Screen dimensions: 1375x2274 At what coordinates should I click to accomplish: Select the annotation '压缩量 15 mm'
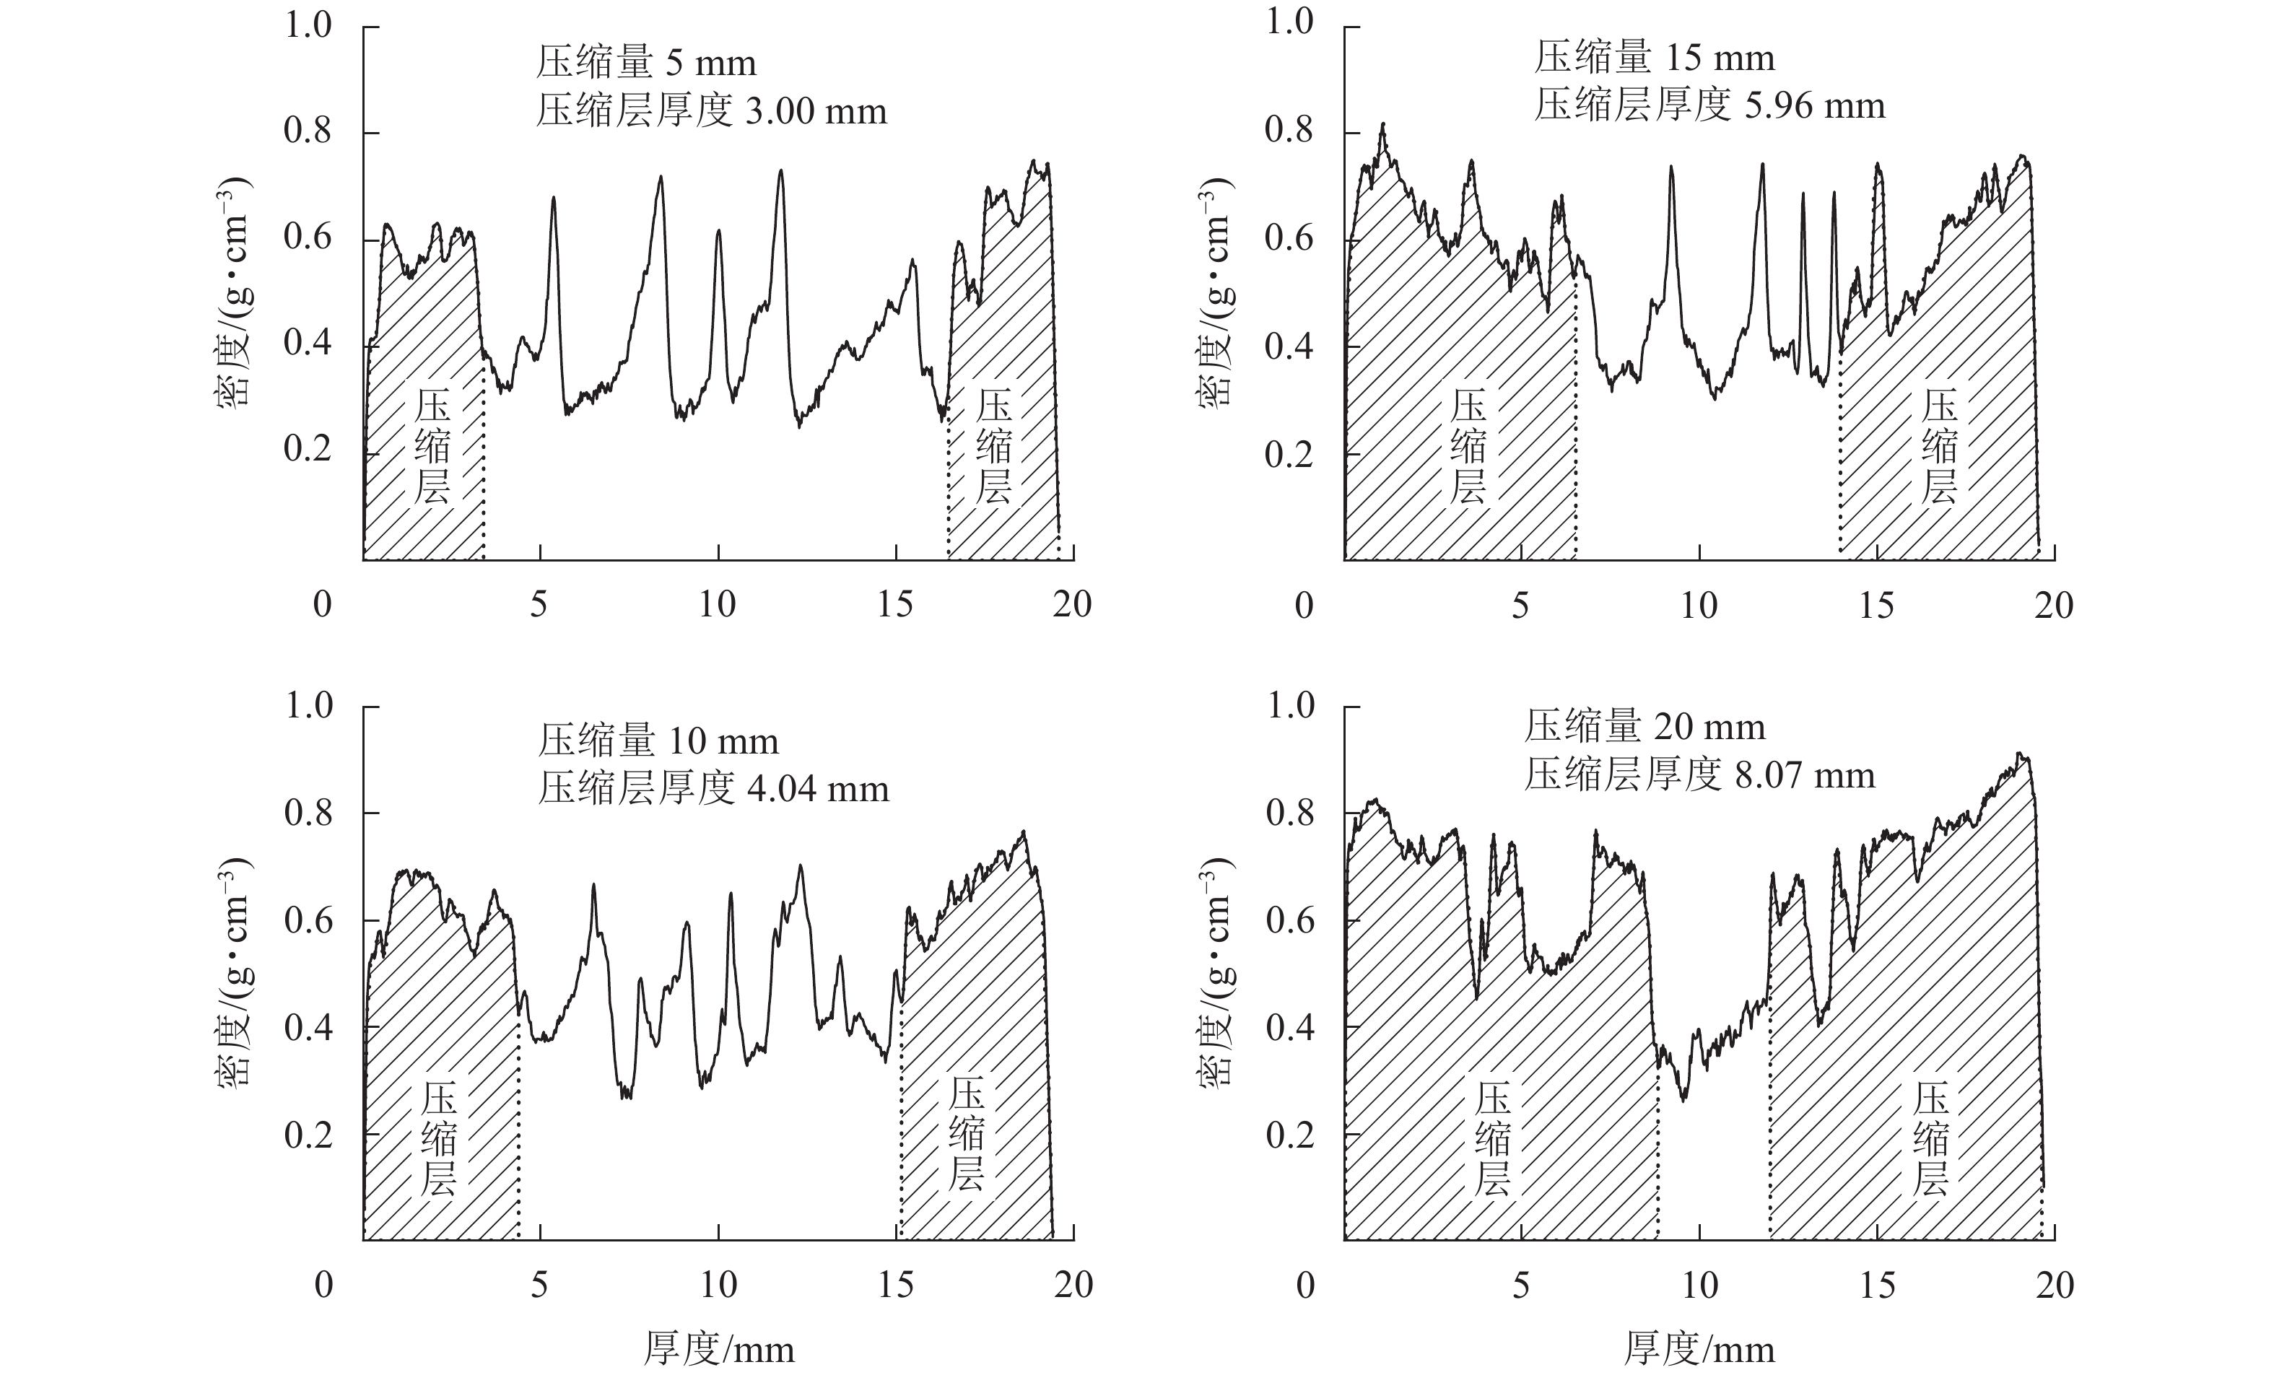click(x=1655, y=58)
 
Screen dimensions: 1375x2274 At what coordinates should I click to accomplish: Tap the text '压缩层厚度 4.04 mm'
click(x=713, y=789)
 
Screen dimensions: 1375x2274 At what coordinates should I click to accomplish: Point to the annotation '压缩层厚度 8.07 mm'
click(x=1699, y=775)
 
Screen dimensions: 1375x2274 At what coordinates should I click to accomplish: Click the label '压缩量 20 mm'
click(x=1644, y=727)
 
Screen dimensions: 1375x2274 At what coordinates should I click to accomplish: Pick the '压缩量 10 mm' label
click(x=658, y=741)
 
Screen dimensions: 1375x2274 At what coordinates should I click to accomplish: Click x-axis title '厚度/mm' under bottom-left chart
click(x=719, y=1349)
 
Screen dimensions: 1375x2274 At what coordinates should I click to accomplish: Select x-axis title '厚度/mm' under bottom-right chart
click(x=1699, y=1349)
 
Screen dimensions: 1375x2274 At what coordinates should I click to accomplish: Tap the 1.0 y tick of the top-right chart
click(x=1289, y=22)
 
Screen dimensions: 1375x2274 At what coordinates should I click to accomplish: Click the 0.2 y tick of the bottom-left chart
click(x=308, y=1134)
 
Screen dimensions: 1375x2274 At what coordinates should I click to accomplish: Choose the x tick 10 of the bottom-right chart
click(x=1699, y=1285)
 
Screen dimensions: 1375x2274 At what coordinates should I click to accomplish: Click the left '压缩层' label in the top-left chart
click(x=432, y=448)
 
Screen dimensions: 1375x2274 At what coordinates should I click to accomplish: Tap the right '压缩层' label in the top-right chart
click(x=1939, y=448)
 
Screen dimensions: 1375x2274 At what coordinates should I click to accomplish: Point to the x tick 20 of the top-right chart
click(x=2053, y=606)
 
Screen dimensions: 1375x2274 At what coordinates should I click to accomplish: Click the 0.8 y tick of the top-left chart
click(x=308, y=132)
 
